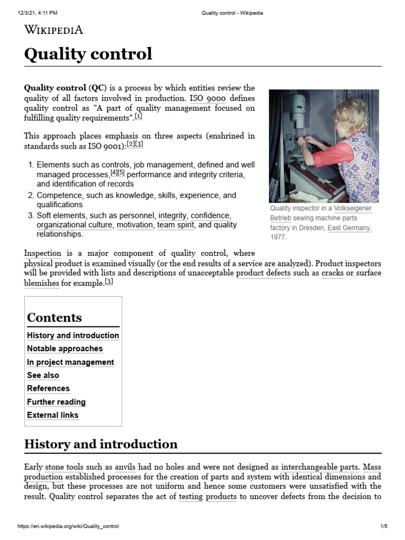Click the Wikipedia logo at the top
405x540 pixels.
(x=54, y=30)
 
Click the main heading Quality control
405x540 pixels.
(x=88, y=54)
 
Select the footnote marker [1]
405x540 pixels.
(x=139, y=117)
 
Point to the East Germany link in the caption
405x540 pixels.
(x=349, y=228)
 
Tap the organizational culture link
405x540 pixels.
(x=73, y=225)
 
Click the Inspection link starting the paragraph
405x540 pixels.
(x=43, y=253)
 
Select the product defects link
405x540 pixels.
(x=263, y=273)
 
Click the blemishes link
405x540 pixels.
(x=42, y=283)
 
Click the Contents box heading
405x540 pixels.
(x=54, y=317)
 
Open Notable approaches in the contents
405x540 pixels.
(x=65, y=349)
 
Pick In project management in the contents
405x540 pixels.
(x=70, y=362)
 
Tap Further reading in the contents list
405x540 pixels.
(x=56, y=402)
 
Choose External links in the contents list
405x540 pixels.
(x=53, y=415)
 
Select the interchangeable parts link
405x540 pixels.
(x=320, y=467)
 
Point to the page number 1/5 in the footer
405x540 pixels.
(x=383, y=526)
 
